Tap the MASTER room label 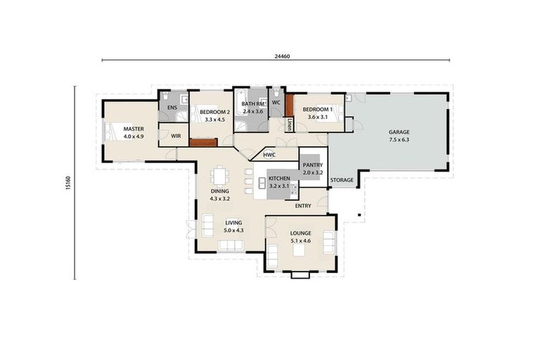pos(133,129)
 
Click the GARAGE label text pos(399,131)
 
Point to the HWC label pos(269,155)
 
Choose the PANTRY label pos(312,165)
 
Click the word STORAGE pos(342,181)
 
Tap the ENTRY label pos(303,206)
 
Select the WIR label pos(176,136)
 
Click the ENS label pos(171,108)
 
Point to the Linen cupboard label pos(289,124)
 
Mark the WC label pos(276,103)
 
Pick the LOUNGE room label pos(300,233)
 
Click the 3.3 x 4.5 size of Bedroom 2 pos(210,120)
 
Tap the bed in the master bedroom pos(115,132)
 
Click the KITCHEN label pos(279,180)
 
